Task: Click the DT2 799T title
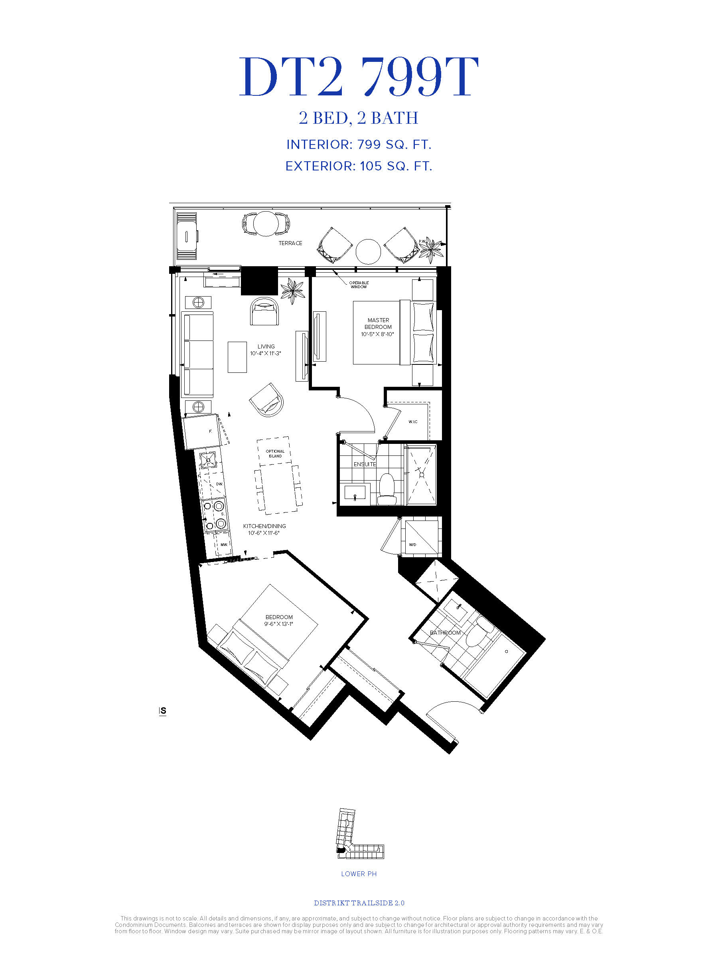359,77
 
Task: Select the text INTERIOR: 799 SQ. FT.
359,144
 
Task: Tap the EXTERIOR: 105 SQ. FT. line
359,166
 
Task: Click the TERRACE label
290,243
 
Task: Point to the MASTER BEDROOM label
378,323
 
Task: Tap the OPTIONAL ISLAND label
275,453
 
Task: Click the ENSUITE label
365,464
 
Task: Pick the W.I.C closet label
413,422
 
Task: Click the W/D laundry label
412,544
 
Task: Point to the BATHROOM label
445,633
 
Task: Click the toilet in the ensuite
387,489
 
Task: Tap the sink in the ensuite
355,493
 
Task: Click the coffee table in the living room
237,357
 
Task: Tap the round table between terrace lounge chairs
368,251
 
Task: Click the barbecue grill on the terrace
187,236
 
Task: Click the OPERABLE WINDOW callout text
359,285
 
